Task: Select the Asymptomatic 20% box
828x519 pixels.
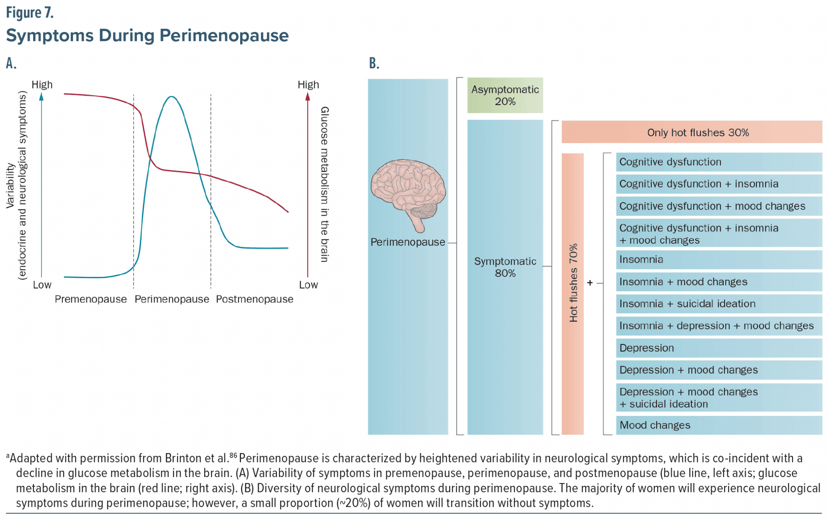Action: (505, 95)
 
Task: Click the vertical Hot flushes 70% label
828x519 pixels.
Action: (573, 283)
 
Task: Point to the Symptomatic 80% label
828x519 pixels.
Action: (505, 267)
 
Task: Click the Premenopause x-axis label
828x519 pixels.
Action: (91, 300)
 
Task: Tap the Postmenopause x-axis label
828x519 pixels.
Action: (254, 300)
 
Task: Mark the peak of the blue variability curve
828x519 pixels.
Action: (172, 97)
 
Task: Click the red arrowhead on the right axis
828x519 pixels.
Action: (308, 97)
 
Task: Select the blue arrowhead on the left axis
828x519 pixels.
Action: (41, 97)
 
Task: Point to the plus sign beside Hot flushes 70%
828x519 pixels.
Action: (590, 283)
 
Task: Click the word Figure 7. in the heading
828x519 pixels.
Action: (30, 13)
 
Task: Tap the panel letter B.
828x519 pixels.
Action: (374, 63)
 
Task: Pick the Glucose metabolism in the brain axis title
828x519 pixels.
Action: (324, 184)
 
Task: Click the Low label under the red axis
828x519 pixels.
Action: (308, 285)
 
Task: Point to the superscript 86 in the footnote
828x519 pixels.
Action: (233, 456)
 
